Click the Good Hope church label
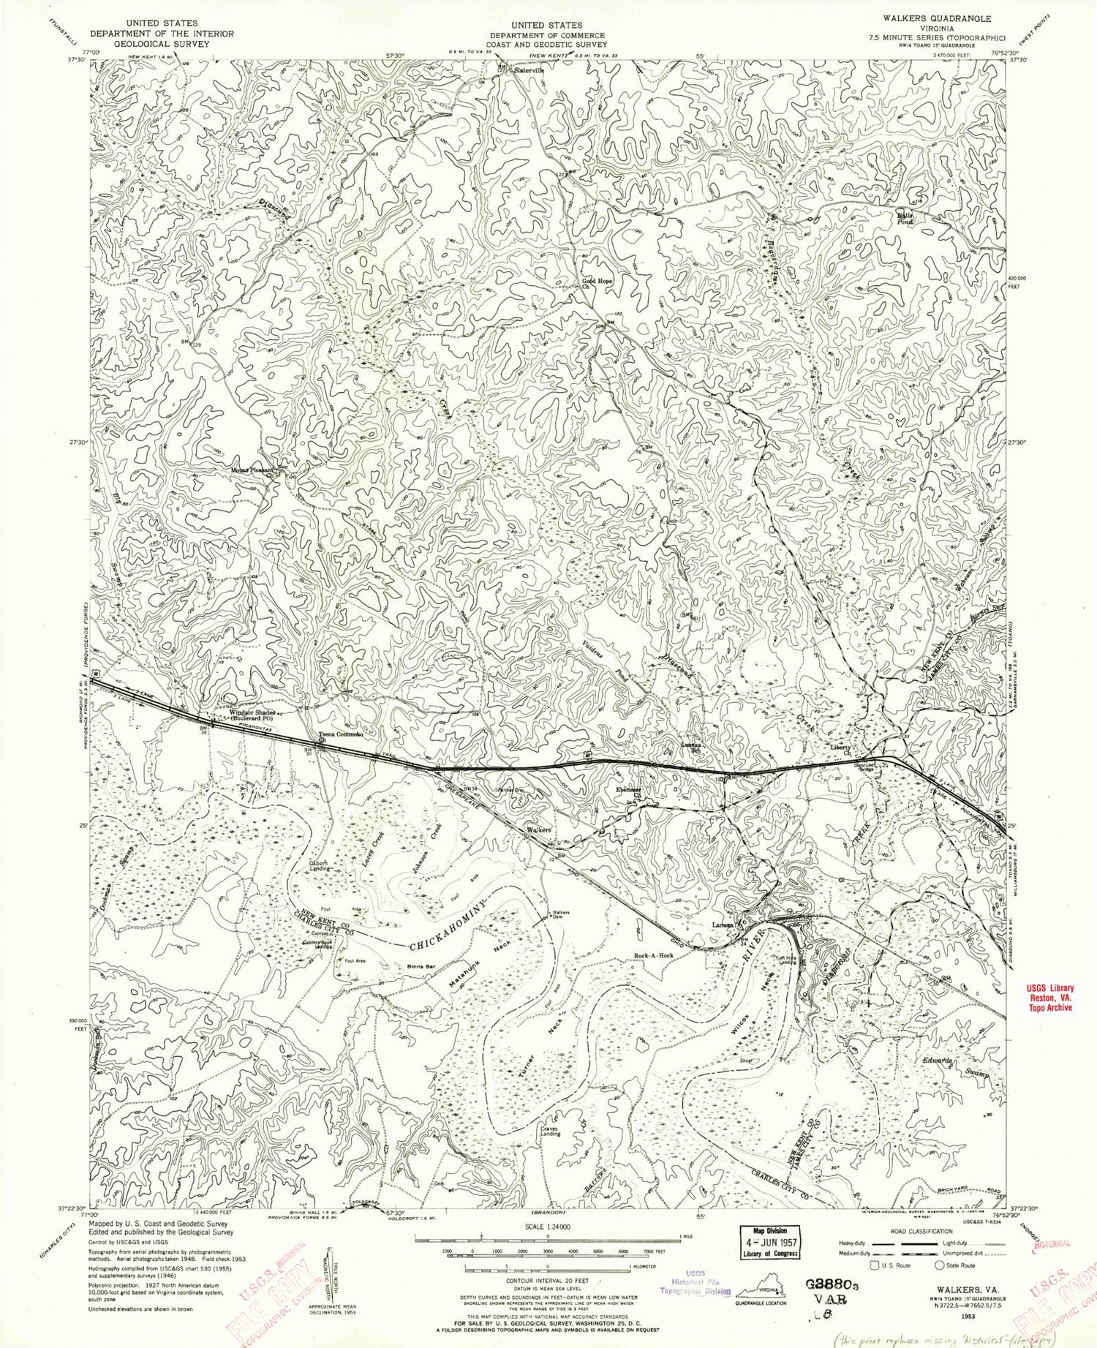coord(596,281)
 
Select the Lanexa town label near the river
coord(723,925)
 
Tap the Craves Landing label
coord(550,1130)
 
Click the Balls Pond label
coord(906,217)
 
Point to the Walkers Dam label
coord(561,914)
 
